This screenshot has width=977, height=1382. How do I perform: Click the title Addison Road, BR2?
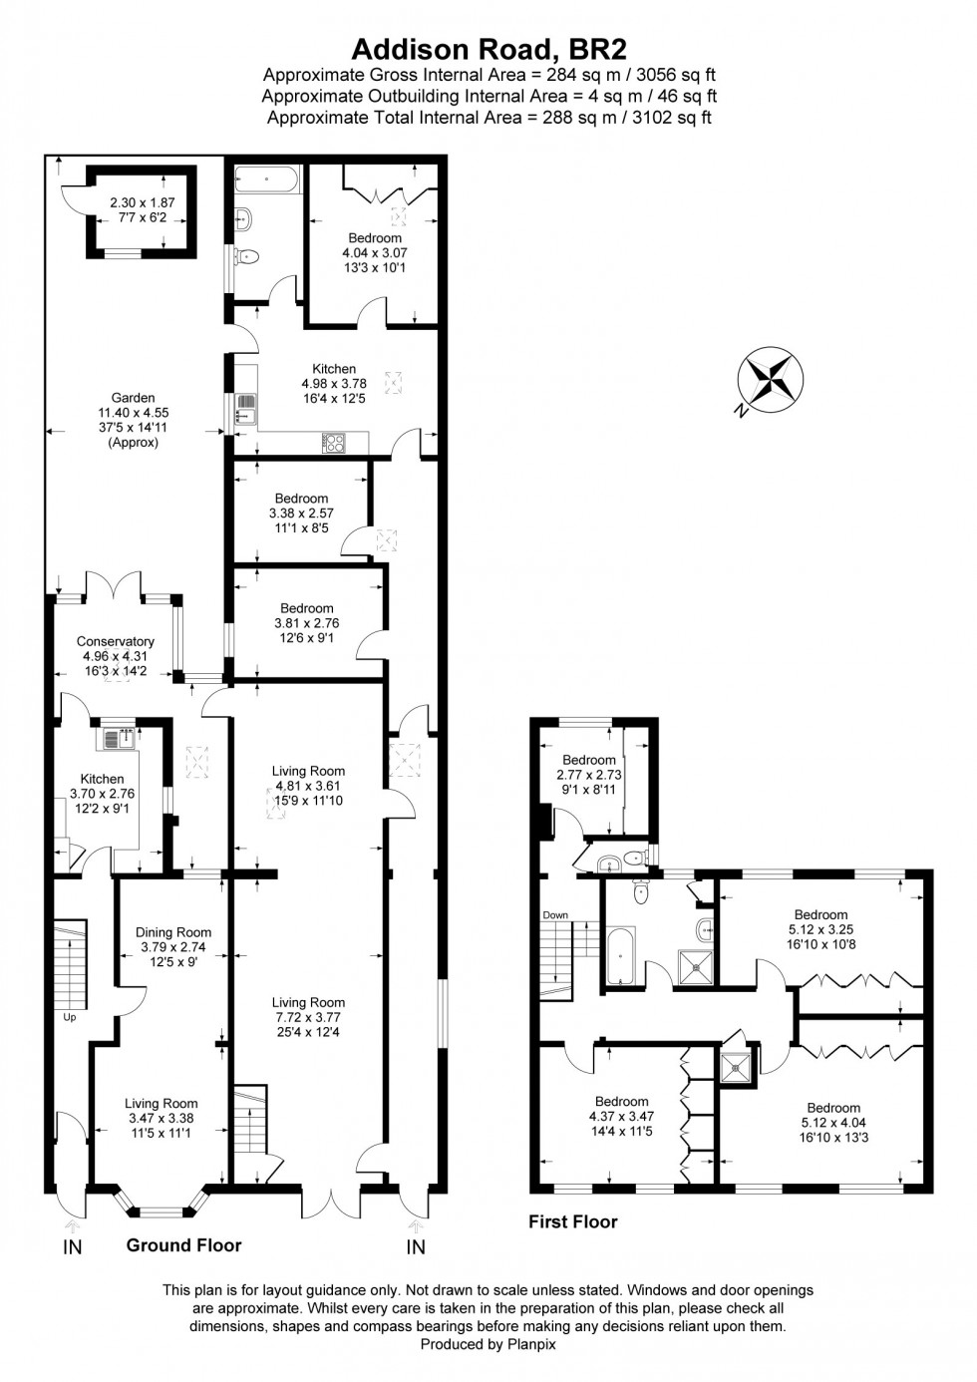pyautogui.click(x=488, y=49)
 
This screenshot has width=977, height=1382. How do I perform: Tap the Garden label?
pyautogui.click(x=133, y=398)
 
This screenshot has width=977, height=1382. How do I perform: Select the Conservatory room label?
pyautogui.click(x=116, y=641)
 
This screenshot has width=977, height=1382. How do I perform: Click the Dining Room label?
pyautogui.click(x=173, y=932)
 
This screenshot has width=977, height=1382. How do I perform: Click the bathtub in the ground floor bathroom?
pyautogui.click(x=264, y=181)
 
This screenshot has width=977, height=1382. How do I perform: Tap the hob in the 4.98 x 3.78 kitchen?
pyautogui.click(x=333, y=443)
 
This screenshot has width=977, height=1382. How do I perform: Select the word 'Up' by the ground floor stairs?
pyautogui.click(x=69, y=1018)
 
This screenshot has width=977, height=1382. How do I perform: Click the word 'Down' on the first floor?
pyautogui.click(x=555, y=915)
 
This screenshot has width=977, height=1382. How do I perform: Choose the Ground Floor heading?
pyautogui.click(x=183, y=1244)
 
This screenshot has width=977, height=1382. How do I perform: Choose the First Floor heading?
pyautogui.click(x=573, y=1221)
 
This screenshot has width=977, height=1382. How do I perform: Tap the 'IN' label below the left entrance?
pyautogui.click(x=73, y=1246)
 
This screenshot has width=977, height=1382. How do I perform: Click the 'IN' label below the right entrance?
pyautogui.click(x=416, y=1246)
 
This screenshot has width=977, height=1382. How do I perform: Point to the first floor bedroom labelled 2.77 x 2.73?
pyautogui.click(x=589, y=775)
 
